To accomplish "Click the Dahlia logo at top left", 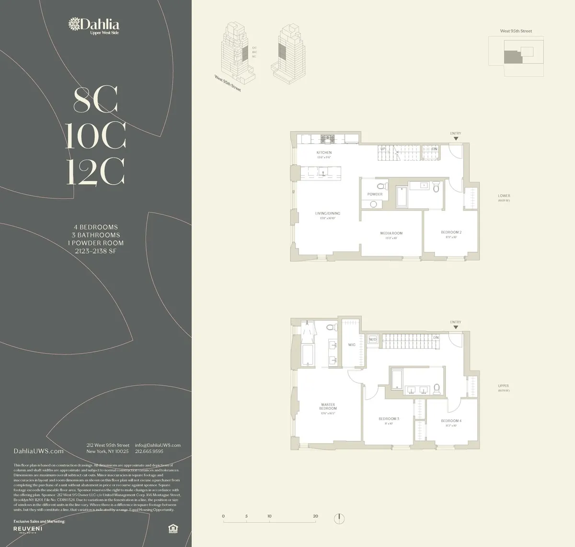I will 94,25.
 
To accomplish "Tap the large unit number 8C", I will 95,100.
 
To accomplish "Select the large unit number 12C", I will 95,171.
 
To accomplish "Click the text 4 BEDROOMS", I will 95,227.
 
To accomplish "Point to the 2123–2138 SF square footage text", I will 95,251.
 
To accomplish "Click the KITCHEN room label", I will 324,153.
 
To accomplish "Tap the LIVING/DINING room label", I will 327,213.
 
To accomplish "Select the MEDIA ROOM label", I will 391,233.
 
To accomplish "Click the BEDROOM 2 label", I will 451,232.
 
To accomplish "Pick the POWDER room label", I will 375,194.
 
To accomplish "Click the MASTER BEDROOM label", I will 328,406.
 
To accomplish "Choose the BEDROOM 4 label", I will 451,421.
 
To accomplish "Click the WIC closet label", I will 351,345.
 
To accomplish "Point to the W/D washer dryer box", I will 373,339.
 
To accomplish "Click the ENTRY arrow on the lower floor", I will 456,138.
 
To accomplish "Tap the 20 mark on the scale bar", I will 315,516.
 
